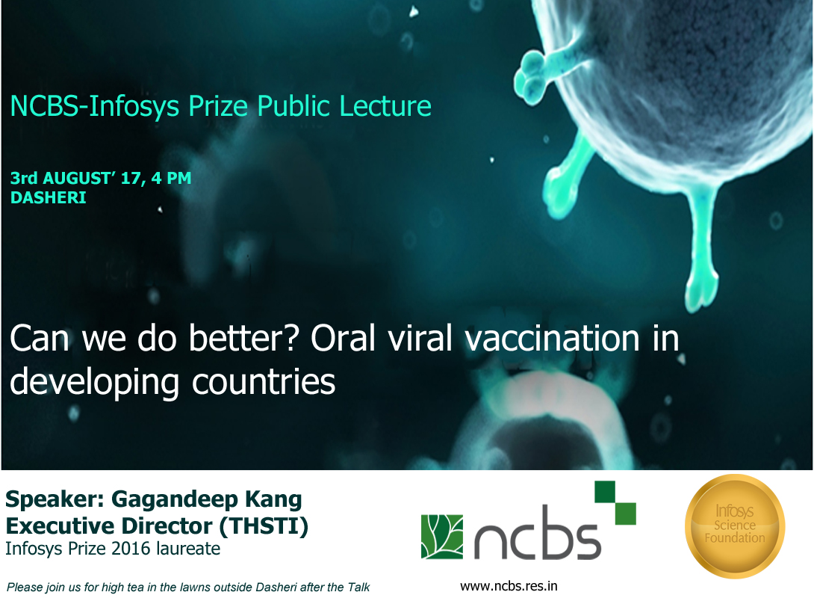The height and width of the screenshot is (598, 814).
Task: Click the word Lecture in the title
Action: [x=385, y=106]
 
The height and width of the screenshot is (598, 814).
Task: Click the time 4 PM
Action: [x=171, y=178]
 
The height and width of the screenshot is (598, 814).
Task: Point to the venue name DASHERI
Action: [x=49, y=198]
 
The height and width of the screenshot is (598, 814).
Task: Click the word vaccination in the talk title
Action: [x=553, y=339]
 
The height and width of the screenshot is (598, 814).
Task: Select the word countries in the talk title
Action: [x=264, y=382]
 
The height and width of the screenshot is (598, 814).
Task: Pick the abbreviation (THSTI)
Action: [x=264, y=525]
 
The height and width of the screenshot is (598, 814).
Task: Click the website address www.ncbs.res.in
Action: [x=509, y=586]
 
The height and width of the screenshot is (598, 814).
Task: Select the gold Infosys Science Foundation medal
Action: [x=735, y=525]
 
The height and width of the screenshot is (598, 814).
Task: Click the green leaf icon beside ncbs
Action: [x=442, y=537]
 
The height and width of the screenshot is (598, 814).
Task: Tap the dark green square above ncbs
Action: [x=605, y=492]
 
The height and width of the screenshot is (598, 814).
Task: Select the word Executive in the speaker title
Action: [x=57, y=525]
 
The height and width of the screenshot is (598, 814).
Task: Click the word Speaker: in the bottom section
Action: [x=56, y=500]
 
